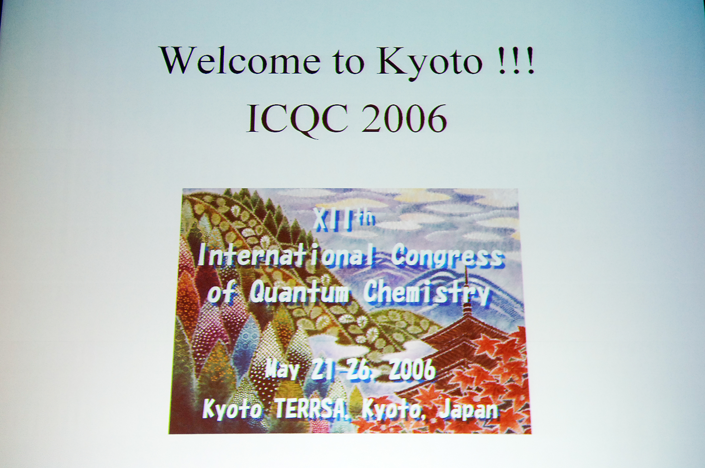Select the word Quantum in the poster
pos(298,292)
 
